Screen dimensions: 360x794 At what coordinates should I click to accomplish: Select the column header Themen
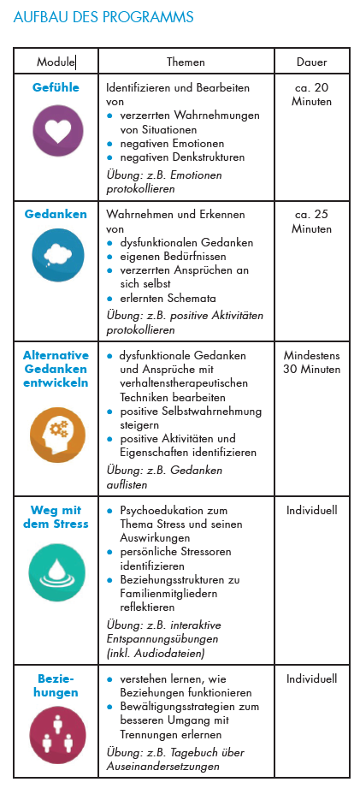point(186,62)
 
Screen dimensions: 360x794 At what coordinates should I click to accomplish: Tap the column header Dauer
point(311,62)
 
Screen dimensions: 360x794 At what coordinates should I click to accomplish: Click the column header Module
point(56,62)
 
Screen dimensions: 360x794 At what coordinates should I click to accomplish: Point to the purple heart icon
point(56,129)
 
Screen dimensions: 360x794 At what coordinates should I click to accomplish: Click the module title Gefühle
point(56,87)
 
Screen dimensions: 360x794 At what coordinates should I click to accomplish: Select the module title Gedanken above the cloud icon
point(56,214)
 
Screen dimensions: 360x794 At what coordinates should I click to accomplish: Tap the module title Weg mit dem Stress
point(56,517)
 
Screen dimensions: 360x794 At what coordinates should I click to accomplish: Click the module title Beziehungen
point(56,685)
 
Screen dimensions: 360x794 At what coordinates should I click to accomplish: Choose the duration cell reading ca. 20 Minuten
point(312,94)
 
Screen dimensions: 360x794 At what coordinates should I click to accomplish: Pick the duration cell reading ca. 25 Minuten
point(312,222)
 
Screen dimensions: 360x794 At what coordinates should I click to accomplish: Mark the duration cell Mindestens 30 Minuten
point(312,362)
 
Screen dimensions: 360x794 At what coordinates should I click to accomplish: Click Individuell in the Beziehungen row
point(312,679)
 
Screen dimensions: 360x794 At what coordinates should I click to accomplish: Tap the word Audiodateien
point(176,652)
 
